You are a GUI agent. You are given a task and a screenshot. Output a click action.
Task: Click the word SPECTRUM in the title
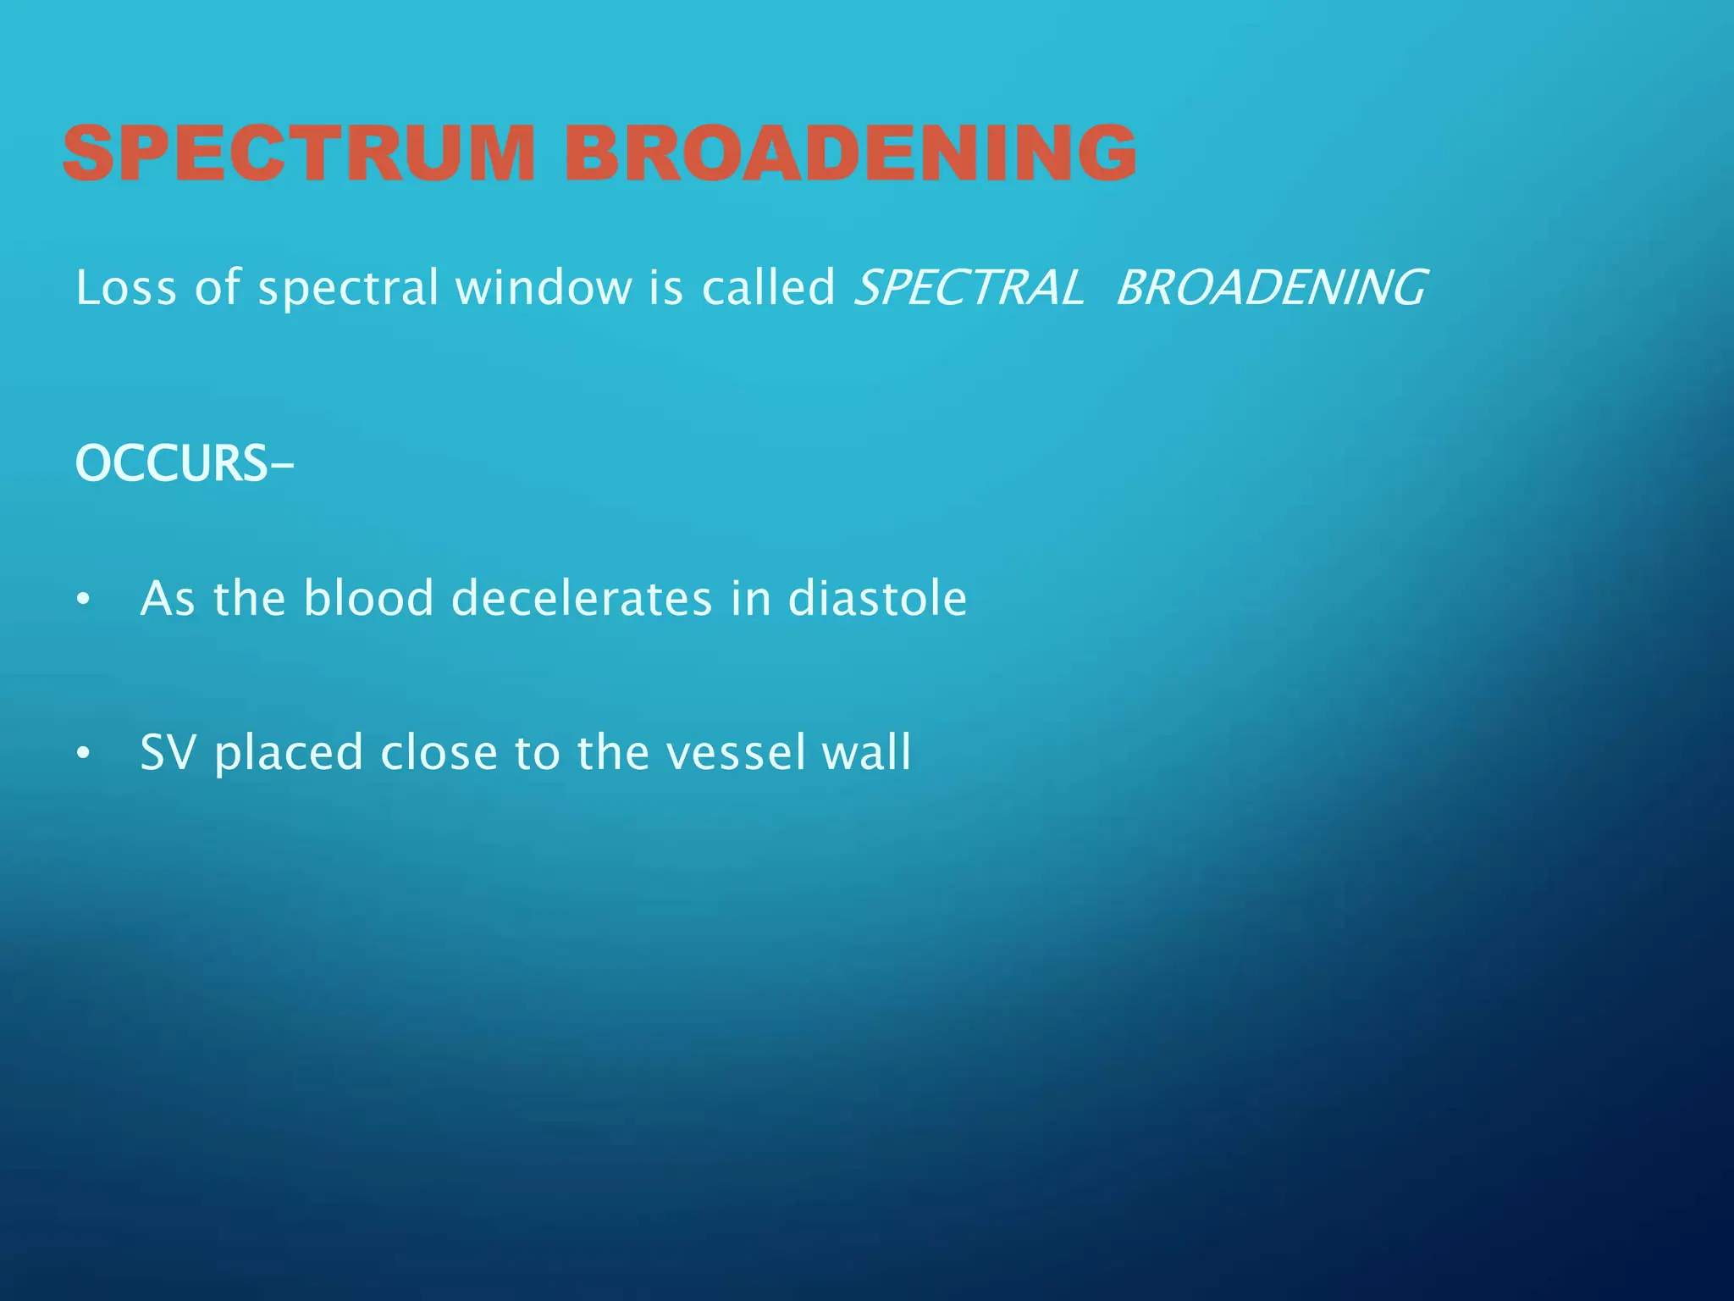[x=299, y=152]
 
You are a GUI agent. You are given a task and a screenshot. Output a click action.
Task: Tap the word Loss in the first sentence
[x=126, y=287]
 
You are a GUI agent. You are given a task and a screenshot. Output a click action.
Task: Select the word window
[x=544, y=287]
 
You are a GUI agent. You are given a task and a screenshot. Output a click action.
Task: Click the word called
[x=768, y=287]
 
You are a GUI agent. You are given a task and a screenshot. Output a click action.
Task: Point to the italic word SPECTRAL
[x=969, y=287]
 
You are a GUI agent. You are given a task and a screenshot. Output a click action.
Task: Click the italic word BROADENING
[x=1270, y=287]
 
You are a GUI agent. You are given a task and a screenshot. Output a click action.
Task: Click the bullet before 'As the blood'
[x=82, y=601]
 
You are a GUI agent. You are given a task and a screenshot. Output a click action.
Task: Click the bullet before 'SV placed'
[x=82, y=754]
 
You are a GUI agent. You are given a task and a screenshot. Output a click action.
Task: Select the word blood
[x=368, y=598]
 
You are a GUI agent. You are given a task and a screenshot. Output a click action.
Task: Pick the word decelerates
[x=582, y=598]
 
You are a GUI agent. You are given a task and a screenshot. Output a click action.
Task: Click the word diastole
[x=877, y=598]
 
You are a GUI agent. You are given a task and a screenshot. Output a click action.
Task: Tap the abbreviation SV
[x=168, y=752]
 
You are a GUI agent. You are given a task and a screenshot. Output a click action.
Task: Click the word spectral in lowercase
[x=348, y=289]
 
